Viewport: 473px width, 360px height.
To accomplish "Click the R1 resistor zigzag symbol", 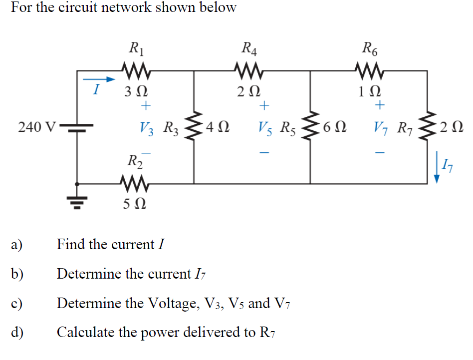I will (x=134, y=71).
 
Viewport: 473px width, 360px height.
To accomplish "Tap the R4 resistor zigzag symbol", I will (x=248, y=71).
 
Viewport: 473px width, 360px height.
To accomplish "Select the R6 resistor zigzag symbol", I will (x=369, y=71).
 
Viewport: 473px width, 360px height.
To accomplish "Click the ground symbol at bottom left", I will (x=77, y=200).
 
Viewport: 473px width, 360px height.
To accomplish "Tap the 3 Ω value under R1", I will (x=135, y=92).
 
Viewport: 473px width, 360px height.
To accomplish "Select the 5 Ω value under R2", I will (x=135, y=204).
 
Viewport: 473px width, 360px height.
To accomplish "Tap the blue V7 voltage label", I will (x=382, y=128).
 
